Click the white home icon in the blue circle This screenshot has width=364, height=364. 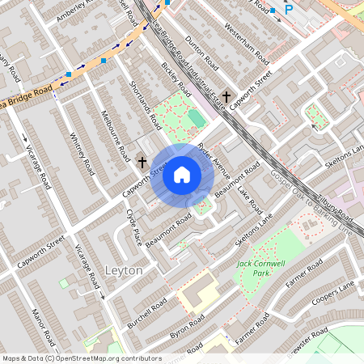(182, 174)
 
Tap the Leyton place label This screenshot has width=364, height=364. (124, 269)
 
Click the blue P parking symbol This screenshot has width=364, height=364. (290, 10)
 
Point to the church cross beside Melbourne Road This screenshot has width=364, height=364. (142, 163)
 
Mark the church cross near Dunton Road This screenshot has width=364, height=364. (226, 95)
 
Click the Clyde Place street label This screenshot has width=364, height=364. (133, 226)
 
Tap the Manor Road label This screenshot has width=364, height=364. (42, 323)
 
